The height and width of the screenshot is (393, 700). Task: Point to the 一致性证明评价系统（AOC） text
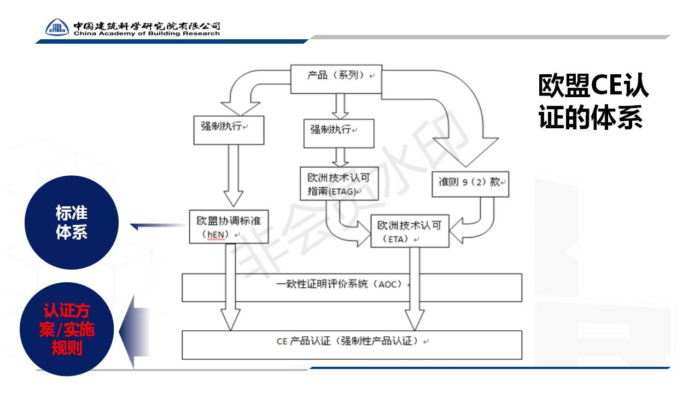point(339,284)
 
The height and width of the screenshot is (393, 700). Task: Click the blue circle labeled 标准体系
point(72,222)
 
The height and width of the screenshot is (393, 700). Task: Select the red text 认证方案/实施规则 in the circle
point(67,329)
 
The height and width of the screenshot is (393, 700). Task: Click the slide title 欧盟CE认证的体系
point(593,102)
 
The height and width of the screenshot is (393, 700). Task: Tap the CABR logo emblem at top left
point(57,27)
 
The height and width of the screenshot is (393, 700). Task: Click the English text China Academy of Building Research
point(147,33)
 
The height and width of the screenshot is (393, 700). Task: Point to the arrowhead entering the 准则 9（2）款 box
point(465,152)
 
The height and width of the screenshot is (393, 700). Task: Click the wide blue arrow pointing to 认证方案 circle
point(135,332)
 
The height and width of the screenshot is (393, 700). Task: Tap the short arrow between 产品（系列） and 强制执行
point(340,106)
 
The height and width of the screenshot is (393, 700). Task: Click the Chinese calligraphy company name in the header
point(147,26)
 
